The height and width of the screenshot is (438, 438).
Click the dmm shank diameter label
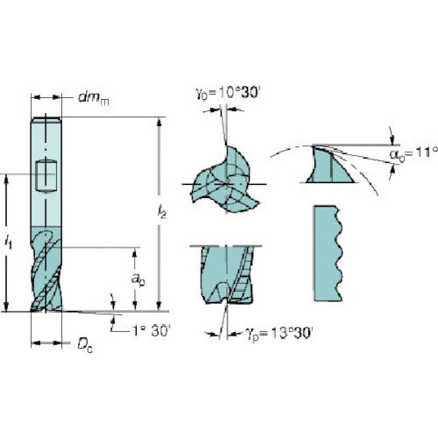pos(94,98)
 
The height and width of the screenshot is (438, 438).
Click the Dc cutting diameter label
pos(85,345)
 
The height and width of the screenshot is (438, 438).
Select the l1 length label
pos(9,242)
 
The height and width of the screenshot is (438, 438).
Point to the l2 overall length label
pos(162,212)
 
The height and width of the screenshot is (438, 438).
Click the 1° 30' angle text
pos(151,331)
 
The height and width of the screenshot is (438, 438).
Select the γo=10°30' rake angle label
pos(228,94)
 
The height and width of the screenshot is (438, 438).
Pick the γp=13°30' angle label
pos(279,333)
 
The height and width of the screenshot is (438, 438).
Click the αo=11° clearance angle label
pos(413,154)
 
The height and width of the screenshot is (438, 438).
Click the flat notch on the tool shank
pos(46,176)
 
